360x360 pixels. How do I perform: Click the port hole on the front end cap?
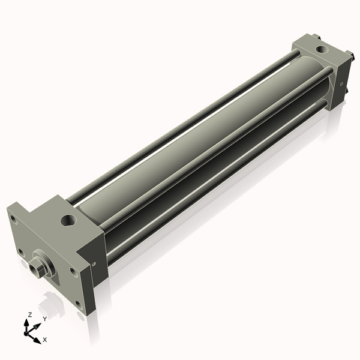[68, 221]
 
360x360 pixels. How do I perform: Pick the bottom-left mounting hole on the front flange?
[21, 251]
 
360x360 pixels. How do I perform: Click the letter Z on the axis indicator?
[29, 314]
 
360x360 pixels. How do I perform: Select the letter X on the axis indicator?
[45, 340]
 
